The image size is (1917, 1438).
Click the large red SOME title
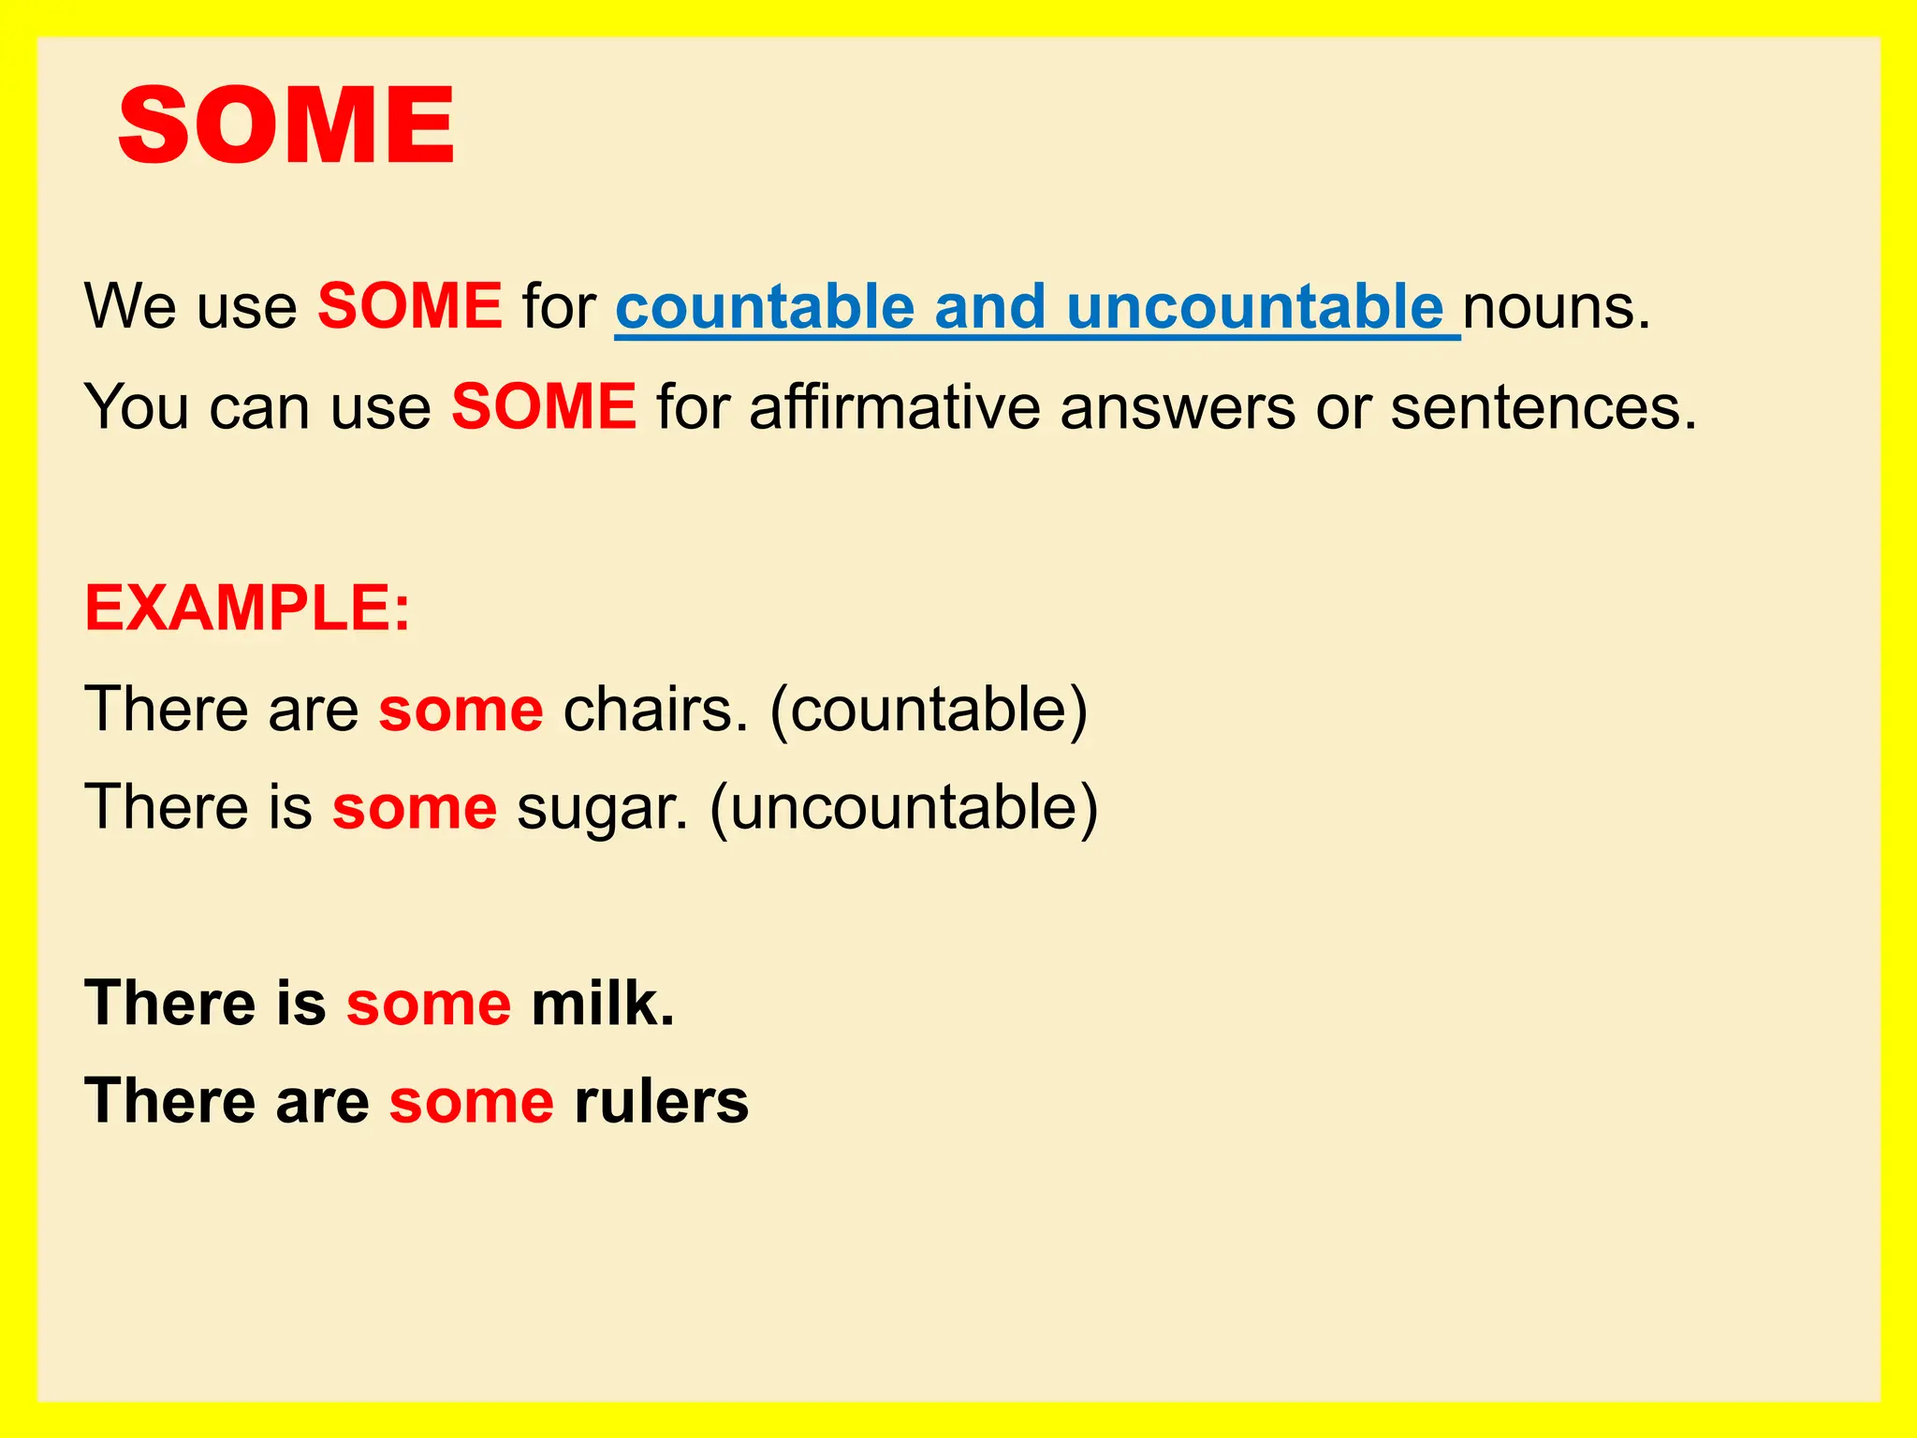click(286, 125)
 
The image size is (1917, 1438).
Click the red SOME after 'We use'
click(410, 306)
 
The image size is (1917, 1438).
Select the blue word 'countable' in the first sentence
click(765, 306)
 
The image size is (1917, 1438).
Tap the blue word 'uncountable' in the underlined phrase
click(1255, 306)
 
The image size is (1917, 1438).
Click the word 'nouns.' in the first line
click(1556, 308)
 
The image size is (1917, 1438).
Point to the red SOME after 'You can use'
click(544, 407)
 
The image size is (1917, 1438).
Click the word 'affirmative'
click(894, 407)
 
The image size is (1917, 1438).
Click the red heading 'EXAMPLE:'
click(247, 609)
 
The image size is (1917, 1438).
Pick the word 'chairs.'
click(655, 709)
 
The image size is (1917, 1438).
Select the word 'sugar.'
click(602, 808)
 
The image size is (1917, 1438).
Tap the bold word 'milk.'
click(603, 1003)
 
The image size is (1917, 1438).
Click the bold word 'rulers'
click(661, 1101)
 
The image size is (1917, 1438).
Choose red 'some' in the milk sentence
click(429, 1005)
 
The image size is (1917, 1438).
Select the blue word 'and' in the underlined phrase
click(989, 306)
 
